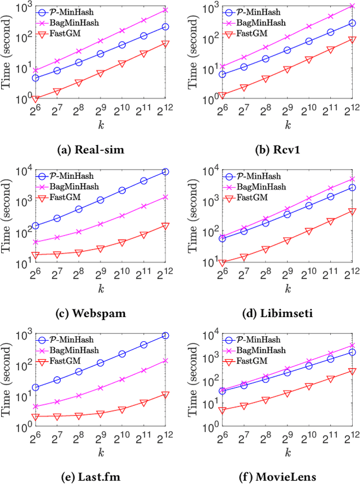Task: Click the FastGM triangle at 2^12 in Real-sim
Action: click(166, 43)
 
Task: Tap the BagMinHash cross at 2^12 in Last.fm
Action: click(166, 361)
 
